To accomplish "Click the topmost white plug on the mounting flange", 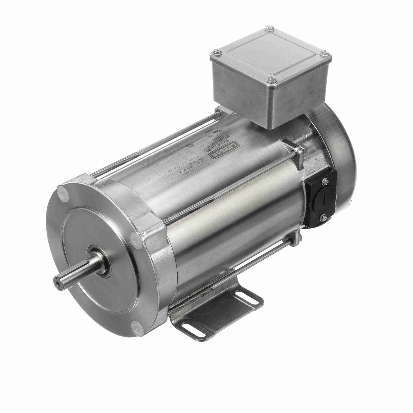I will tap(63, 190).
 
